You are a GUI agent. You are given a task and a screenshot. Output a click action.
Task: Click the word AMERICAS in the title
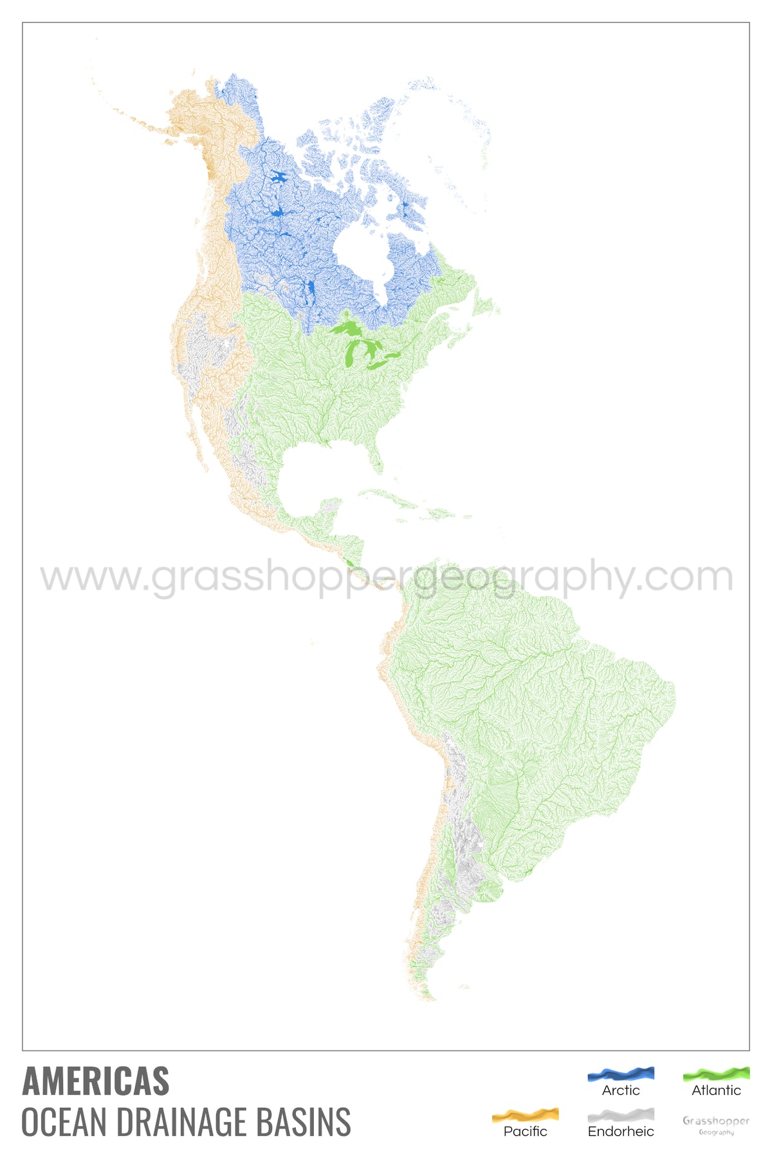96,1081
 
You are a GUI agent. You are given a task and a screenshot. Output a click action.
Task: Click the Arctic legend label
621,1090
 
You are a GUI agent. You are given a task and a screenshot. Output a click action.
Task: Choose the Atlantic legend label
716,1090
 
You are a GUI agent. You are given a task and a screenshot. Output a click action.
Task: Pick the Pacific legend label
525,1132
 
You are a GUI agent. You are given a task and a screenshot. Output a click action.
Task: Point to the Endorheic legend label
621,1132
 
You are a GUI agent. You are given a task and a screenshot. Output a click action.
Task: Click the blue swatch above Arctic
621,1074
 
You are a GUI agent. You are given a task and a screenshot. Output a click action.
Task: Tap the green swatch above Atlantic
716,1074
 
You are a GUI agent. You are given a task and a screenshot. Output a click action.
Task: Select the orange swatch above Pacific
525,1115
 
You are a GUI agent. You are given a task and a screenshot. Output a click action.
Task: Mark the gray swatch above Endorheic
621,1115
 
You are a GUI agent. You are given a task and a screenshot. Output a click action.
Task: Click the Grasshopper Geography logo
716,1125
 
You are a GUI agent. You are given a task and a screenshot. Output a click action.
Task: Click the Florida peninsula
376,458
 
